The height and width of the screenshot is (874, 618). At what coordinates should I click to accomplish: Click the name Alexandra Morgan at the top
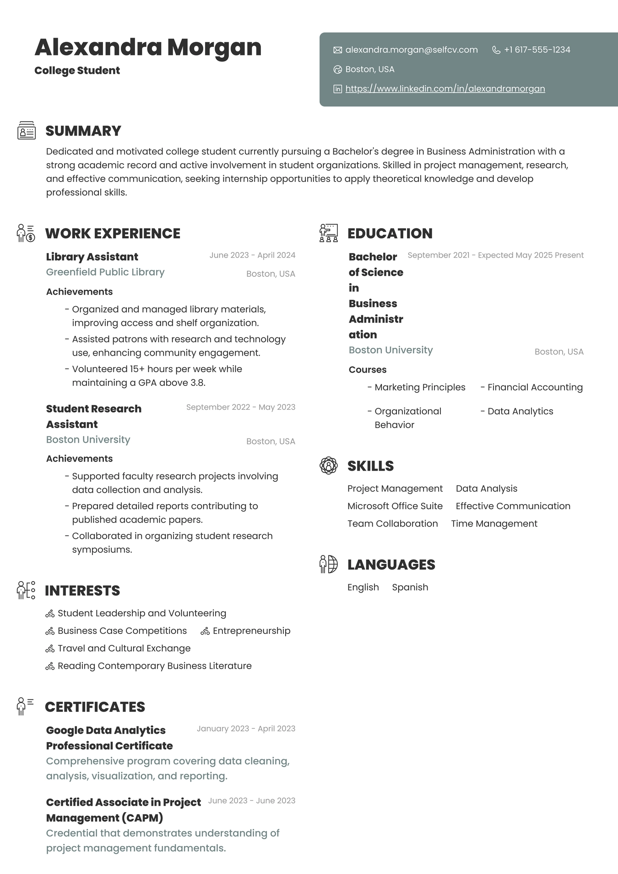148,47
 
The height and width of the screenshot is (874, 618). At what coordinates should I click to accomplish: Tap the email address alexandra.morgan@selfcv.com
411,50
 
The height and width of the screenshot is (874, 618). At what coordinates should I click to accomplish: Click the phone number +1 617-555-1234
537,50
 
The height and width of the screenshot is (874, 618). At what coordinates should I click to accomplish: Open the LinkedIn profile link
445,89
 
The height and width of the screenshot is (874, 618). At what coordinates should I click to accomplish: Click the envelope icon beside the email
338,50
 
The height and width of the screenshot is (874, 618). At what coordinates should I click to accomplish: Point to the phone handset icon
496,50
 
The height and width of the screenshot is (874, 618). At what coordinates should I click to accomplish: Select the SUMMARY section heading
83,131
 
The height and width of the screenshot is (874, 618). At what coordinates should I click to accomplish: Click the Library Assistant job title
92,257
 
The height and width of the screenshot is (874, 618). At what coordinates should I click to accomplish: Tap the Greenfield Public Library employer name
105,272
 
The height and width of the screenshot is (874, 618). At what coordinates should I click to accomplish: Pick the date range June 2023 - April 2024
252,255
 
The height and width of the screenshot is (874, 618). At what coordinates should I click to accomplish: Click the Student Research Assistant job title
93,416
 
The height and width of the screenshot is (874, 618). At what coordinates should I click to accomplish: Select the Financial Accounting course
535,387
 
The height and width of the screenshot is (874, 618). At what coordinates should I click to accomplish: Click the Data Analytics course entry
520,411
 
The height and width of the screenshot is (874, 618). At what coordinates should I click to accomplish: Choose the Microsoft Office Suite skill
395,506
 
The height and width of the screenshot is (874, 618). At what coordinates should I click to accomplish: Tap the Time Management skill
494,523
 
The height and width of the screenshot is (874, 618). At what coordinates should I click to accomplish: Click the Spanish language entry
410,587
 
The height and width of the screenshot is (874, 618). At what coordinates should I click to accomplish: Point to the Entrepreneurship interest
251,631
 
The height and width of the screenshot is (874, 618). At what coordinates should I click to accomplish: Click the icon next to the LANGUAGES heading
328,564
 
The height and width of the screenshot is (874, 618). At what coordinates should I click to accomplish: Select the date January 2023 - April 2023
246,729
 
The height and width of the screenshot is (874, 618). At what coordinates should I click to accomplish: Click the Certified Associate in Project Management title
123,810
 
